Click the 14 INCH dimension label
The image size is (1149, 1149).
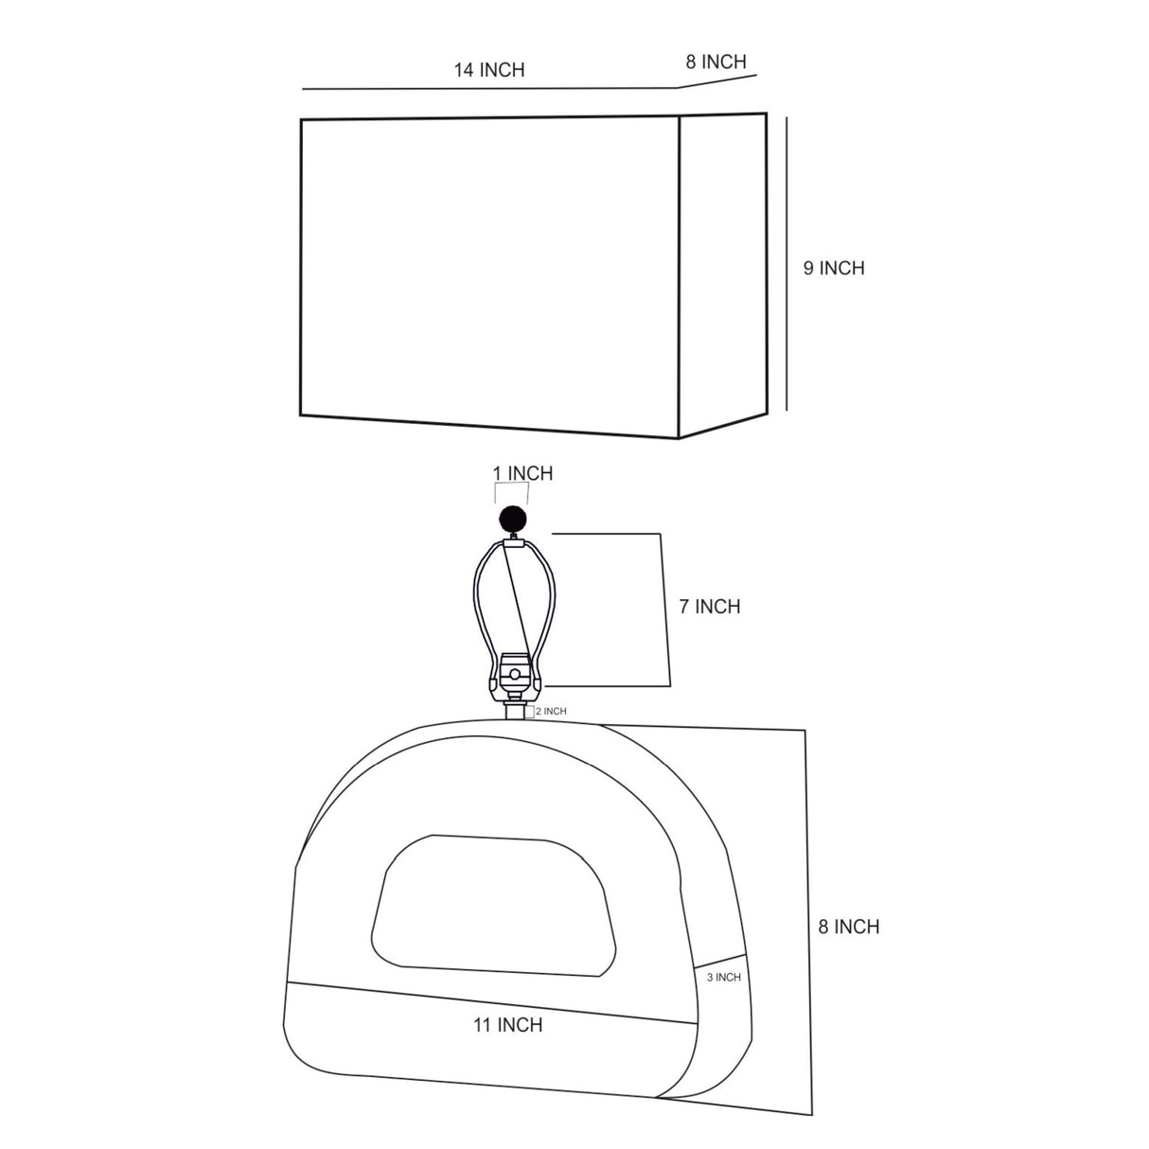click(489, 70)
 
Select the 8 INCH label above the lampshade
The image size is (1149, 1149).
click(716, 62)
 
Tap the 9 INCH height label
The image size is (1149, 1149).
click(834, 268)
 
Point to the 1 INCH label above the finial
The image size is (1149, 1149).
click(522, 473)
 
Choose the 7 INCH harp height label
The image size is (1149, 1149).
click(710, 607)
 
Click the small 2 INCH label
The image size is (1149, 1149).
click(551, 712)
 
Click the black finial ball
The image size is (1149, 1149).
click(513, 520)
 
